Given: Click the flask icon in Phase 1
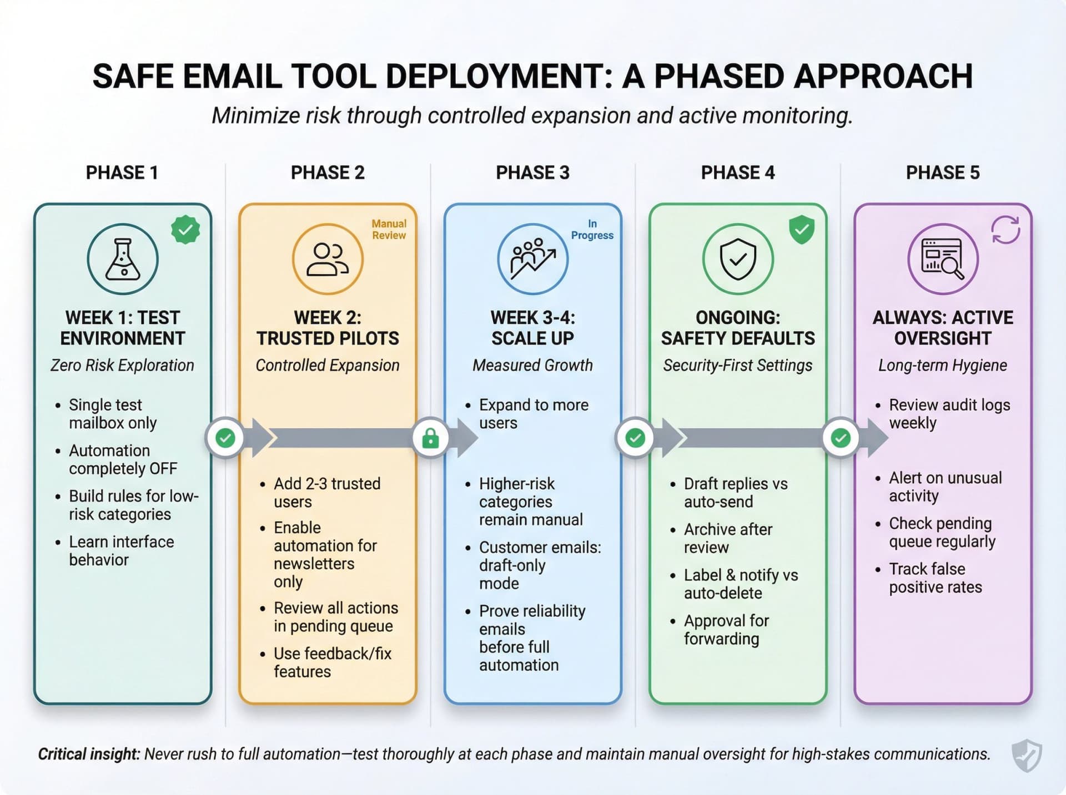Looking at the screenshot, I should coord(123,259).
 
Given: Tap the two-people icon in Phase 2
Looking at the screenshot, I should coord(328,259).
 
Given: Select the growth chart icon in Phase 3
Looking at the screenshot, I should coord(532,259).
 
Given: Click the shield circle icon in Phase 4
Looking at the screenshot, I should coord(737,259).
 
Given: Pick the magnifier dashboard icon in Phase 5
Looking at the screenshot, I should coord(942,259).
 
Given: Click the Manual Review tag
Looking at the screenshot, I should coord(389,229).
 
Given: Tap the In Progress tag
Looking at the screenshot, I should coord(592,229).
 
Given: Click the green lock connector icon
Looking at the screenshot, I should coord(430,438).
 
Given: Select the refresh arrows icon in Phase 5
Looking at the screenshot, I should coord(1005,230).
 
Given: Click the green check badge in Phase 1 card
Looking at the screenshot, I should coord(185,230).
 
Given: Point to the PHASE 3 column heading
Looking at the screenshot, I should coord(532,173).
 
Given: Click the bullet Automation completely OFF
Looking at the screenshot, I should coord(123,459).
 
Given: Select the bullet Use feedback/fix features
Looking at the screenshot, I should coord(332,662).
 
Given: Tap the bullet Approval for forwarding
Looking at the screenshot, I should coord(726,630).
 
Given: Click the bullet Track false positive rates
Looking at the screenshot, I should coord(935,578).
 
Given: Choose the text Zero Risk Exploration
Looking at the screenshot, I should coord(122,365).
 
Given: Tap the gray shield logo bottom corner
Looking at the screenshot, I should coord(1027,755).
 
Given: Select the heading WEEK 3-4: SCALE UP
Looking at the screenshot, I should coord(532,328).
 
